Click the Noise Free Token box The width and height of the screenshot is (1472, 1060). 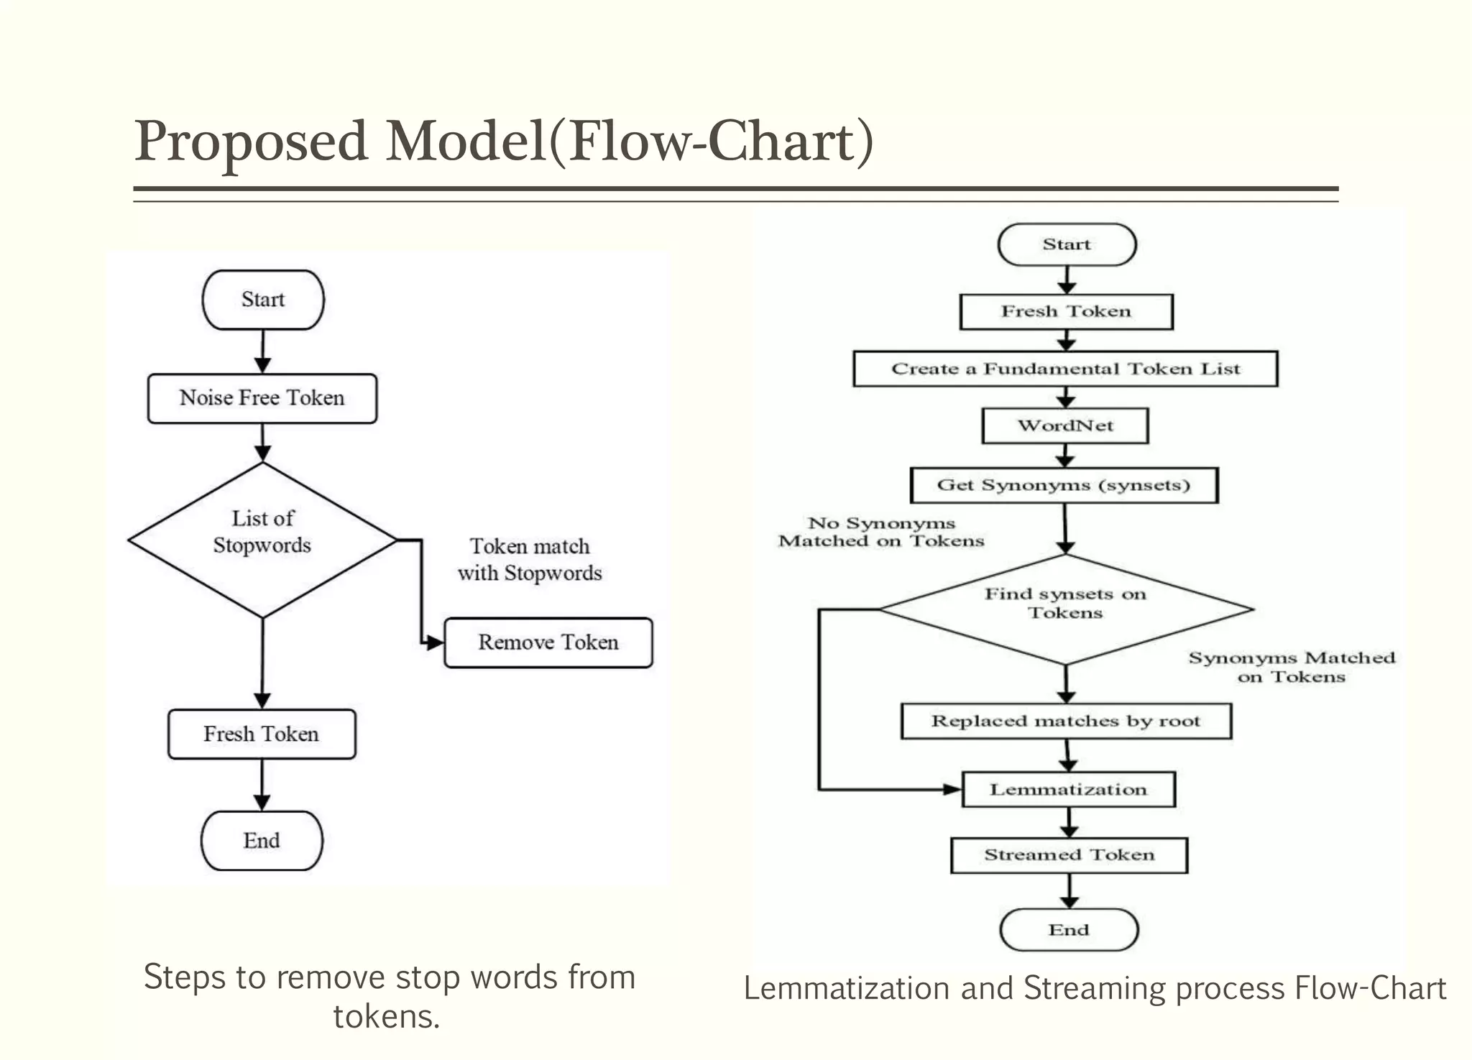point(262,398)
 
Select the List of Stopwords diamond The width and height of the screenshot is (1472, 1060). point(262,539)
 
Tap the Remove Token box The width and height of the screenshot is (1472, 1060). point(548,642)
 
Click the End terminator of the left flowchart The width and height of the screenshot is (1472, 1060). point(262,840)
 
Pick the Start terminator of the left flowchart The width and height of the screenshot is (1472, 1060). point(263,300)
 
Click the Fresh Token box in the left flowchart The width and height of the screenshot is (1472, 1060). point(262,734)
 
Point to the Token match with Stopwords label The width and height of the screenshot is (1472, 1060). point(530,559)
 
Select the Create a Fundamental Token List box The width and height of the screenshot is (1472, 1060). point(1065,369)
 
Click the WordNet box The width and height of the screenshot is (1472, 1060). point(1065,425)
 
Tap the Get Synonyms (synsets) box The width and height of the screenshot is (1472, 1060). point(1064,485)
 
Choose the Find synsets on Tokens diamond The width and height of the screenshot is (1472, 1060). point(1065,608)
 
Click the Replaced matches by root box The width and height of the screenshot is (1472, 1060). point(1066,721)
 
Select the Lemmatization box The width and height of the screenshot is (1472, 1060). point(1068,789)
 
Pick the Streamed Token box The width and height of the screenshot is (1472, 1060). point(1069,854)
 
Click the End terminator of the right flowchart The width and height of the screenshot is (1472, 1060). point(1069,929)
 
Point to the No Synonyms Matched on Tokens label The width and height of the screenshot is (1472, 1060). point(881,532)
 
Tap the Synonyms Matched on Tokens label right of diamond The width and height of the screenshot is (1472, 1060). point(1291,667)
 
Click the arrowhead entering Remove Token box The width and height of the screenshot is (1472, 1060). point(434,642)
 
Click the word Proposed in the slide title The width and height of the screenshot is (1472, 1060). point(252,141)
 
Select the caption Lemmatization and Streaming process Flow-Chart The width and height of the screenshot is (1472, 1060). point(1094,988)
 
